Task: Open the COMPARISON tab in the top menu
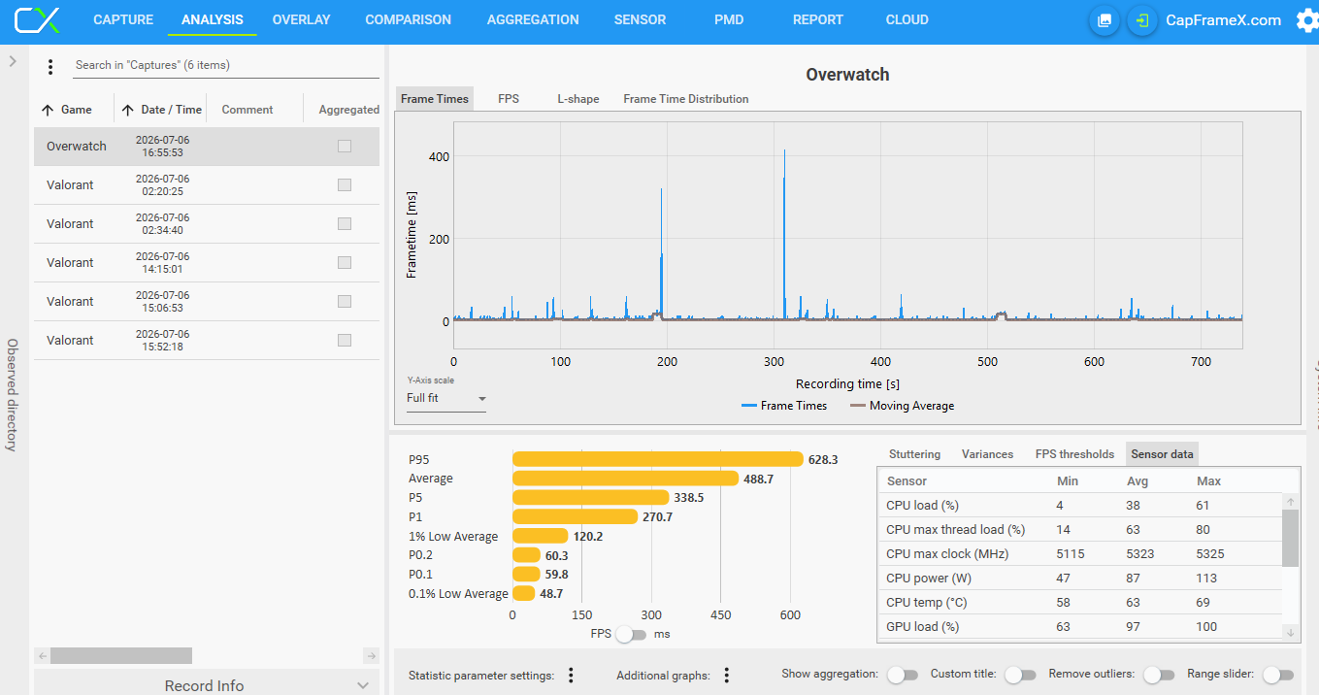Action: pyautogui.click(x=408, y=19)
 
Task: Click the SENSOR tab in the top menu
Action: pyautogui.click(x=640, y=19)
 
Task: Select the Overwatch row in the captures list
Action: pyautogui.click(x=206, y=146)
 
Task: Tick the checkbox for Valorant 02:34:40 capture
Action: pyautogui.click(x=345, y=224)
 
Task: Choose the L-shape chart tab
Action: pyautogui.click(x=577, y=99)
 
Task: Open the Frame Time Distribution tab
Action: pyautogui.click(x=685, y=99)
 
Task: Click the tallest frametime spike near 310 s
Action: pyautogui.click(x=784, y=177)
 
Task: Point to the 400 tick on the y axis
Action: pyautogui.click(x=439, y=156)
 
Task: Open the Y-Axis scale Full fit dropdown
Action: pyautogui.click(x=445, y=398)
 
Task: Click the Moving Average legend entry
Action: pyautogui.click(x=902, y=406)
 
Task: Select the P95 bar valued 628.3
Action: pyautogui.click(x=658, y=459)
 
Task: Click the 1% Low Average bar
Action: pyautogui.click(x=540, y=536)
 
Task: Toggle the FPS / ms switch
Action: pyautogui.click(x=631, y=635)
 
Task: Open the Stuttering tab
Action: pyautogui.click(x=914, y=454)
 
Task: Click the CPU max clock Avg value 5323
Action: pyautogui.click(x=1139, y=553)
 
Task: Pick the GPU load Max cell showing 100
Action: pyautogui.click(x=1206, y=627)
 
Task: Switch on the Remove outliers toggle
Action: pyautogui.click(x=1158, y=675)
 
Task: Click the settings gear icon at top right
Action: pyautogui.click(x=1307, y=20)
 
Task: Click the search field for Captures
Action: pyautogui.click(x=227, y=65)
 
